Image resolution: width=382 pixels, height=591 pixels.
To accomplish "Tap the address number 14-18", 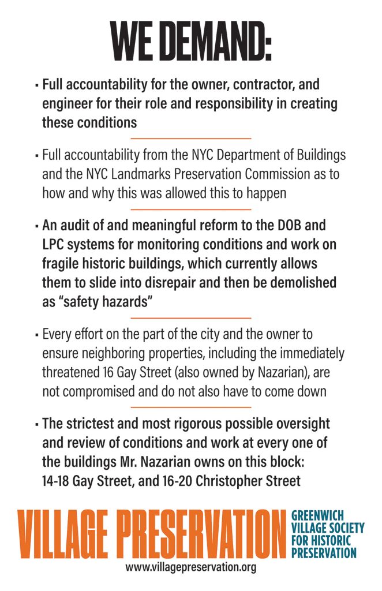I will click(x=57, y=480).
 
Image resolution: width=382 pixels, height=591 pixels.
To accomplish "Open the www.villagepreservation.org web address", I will click(x=190, y=567).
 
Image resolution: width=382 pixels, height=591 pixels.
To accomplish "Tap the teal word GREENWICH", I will click(x=316, y=514).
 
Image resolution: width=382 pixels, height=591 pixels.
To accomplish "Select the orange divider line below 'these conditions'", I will click(x=190, y=139).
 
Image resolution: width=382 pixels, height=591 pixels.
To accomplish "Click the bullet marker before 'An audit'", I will click(x=36, y=226).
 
